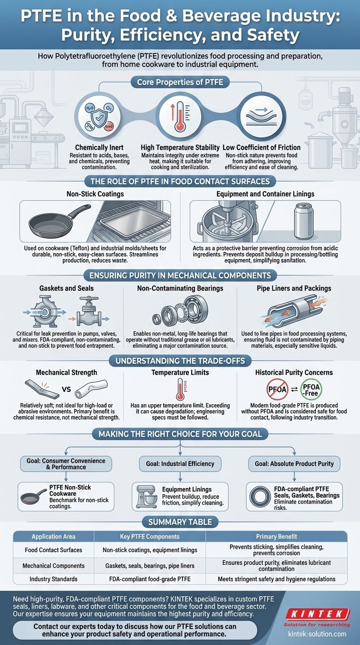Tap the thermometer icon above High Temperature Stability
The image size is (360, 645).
pyautogui.click(x=180, y=116)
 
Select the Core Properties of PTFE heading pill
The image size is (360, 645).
pyautogui.click(x=180, y=82)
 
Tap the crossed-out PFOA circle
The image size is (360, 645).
pyautogui.click(x=277, y=390)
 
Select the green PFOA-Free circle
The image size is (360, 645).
pyautogui.click(x=311, y=390)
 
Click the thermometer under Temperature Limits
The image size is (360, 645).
pyautogui.click(x=180, y=389)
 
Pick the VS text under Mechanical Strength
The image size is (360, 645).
pyautogui.click(x=66, y=390)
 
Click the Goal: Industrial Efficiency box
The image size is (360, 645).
pyautogui.click(x=180, y=464)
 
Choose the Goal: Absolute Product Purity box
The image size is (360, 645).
pyautogui.click(x=294, y=464)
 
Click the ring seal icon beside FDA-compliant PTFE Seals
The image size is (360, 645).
pyautogui.click(x=260, y=497)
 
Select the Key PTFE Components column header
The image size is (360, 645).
pyautogui.click(x=150, y=536)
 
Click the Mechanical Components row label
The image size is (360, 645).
pyautogui.click(x=53, y=565)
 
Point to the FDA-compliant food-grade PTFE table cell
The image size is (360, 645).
pyautogui.click(x=150, y=579)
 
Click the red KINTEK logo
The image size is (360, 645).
pyautogui.click(x=318, y=613)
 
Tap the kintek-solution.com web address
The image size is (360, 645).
pyautogui.click(x=317, y=634)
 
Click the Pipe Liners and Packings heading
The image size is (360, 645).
pyautogui.click(x=294, y=288)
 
